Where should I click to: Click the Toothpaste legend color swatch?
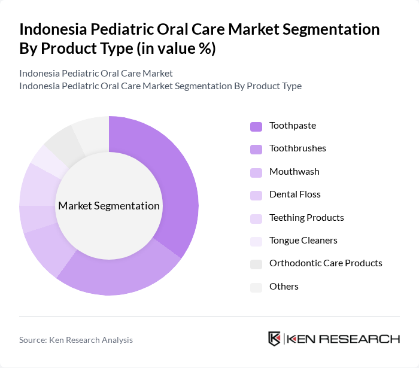tap(256, 126)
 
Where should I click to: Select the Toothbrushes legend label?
tap(297, 148)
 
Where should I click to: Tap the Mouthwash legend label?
tap(294, 172)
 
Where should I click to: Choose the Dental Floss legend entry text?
tap(294, 194)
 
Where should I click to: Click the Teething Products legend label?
tap(306, 218)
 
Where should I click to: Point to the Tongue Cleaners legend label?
tap(303, 241)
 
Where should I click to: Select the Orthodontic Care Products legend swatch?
tap(256, 264)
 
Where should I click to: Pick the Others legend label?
tap(284, 287)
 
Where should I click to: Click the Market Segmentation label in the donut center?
tap(109, 206)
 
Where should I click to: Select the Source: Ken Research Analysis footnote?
tap(76, 340)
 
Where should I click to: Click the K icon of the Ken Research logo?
tap(274, 339)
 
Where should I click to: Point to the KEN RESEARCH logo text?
tap(344, 339)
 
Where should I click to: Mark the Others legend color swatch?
tap(256, 287)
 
